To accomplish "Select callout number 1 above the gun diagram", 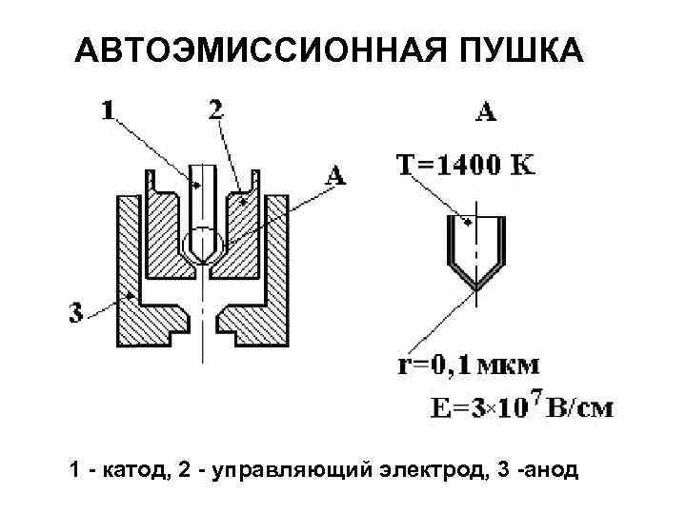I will click(x=109, y=110).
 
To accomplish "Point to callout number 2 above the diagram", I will click(x=216, y=109).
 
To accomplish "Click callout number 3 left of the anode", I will click(x=75, y=312).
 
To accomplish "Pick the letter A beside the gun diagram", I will click(x=334, y=174).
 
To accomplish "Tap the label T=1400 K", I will click(x=464, y=166).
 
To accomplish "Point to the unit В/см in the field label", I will click(x=584, y=408).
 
